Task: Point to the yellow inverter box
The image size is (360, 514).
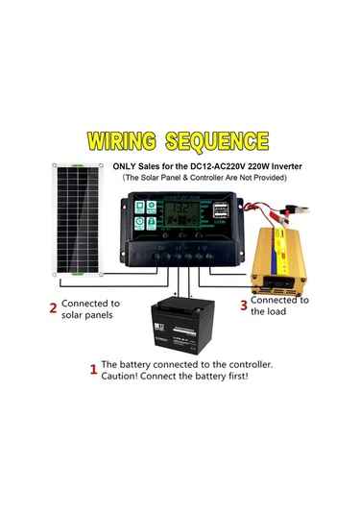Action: (282, 259)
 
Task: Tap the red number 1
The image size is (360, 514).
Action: (93, 369)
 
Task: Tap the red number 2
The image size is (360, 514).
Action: (53, 308)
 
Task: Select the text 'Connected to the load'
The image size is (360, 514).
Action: (280, 306)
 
